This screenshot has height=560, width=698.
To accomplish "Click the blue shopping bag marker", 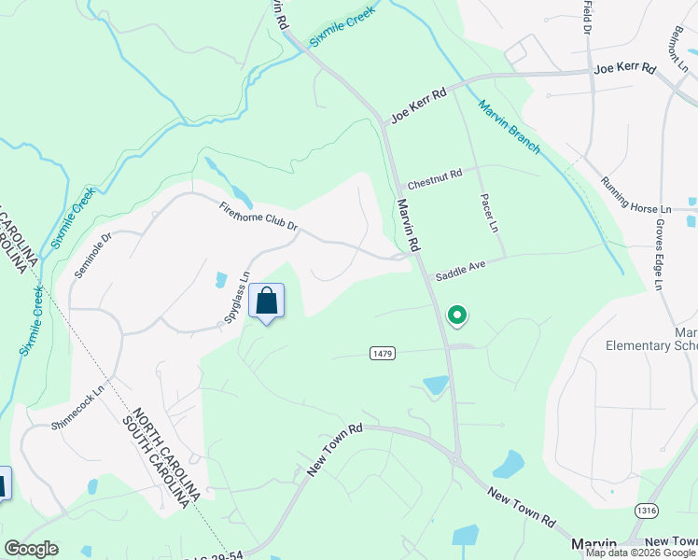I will (267, 301).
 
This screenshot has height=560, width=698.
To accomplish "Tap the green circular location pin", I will (457, 315).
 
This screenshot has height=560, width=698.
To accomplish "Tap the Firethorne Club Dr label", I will (258, 217).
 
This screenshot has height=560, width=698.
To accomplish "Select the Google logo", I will (31, 549).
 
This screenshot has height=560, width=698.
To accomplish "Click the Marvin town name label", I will (593, 544).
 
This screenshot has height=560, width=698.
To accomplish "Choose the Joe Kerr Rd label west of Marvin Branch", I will (419, 104).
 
